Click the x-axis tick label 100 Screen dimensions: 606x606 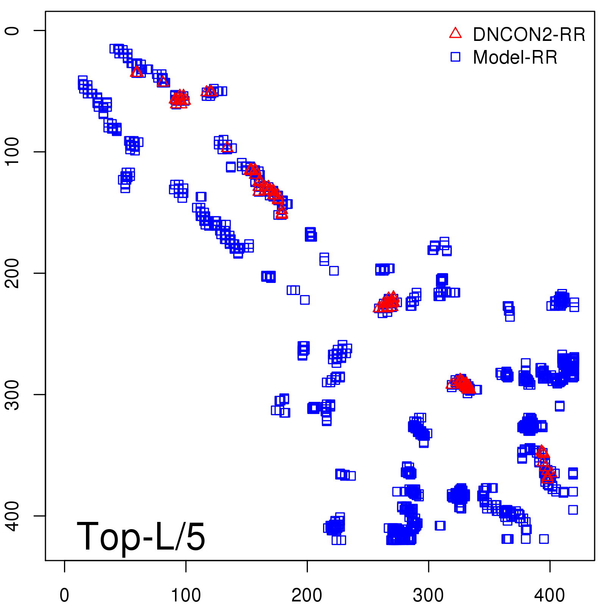186,595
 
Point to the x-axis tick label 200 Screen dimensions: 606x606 307,595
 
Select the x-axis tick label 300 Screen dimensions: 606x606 428,595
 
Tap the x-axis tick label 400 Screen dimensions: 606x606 550,595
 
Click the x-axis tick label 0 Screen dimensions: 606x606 64,595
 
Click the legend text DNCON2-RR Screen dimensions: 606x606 529,35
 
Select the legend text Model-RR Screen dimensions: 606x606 515,58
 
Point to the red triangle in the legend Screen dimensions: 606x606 455,33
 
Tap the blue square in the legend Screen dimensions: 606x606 455,57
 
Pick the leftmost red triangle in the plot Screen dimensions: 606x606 137,72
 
